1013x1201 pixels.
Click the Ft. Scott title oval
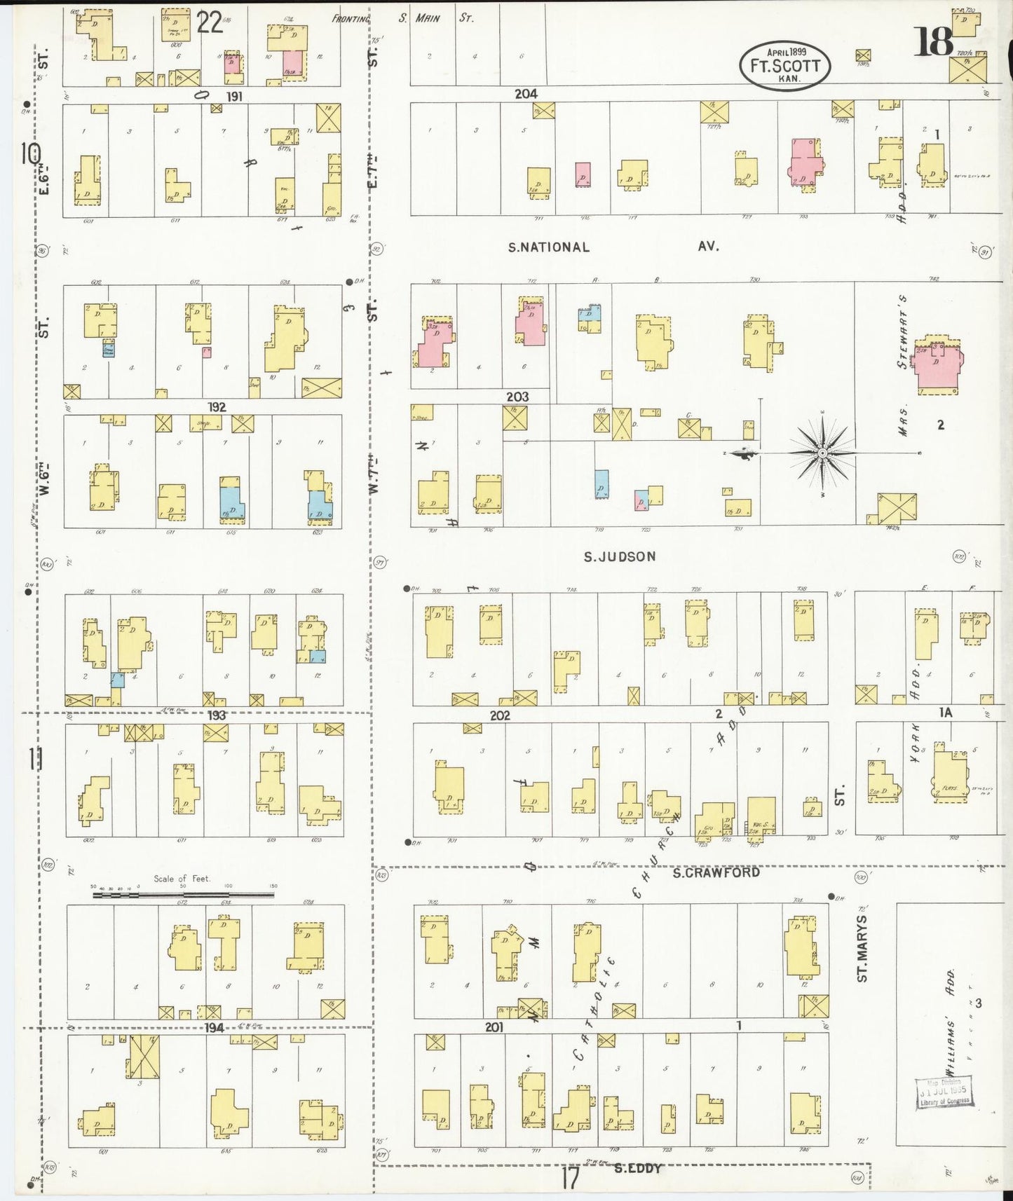click(784, 65)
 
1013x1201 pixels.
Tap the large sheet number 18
click(934, 43)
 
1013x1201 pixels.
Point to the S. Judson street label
click(620, 556)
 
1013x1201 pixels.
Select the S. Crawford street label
click(715, 873)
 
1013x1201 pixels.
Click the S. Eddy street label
click(638, 1168)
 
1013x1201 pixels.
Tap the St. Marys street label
click(862, 947)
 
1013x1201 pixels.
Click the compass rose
click(822, 453)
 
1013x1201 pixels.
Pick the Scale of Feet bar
click(184, 894)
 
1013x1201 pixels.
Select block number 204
click(526, 93)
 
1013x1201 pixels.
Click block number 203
click(517, 397)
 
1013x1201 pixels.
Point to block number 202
click(500, 715)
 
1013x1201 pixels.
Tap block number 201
click(495, 1027)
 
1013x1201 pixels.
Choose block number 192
click(217, 407)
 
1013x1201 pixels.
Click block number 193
click(217, 715)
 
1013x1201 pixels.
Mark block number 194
click(215, 1027)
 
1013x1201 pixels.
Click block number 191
click(233, 96)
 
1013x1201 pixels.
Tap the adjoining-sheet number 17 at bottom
click(570, 1179)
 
